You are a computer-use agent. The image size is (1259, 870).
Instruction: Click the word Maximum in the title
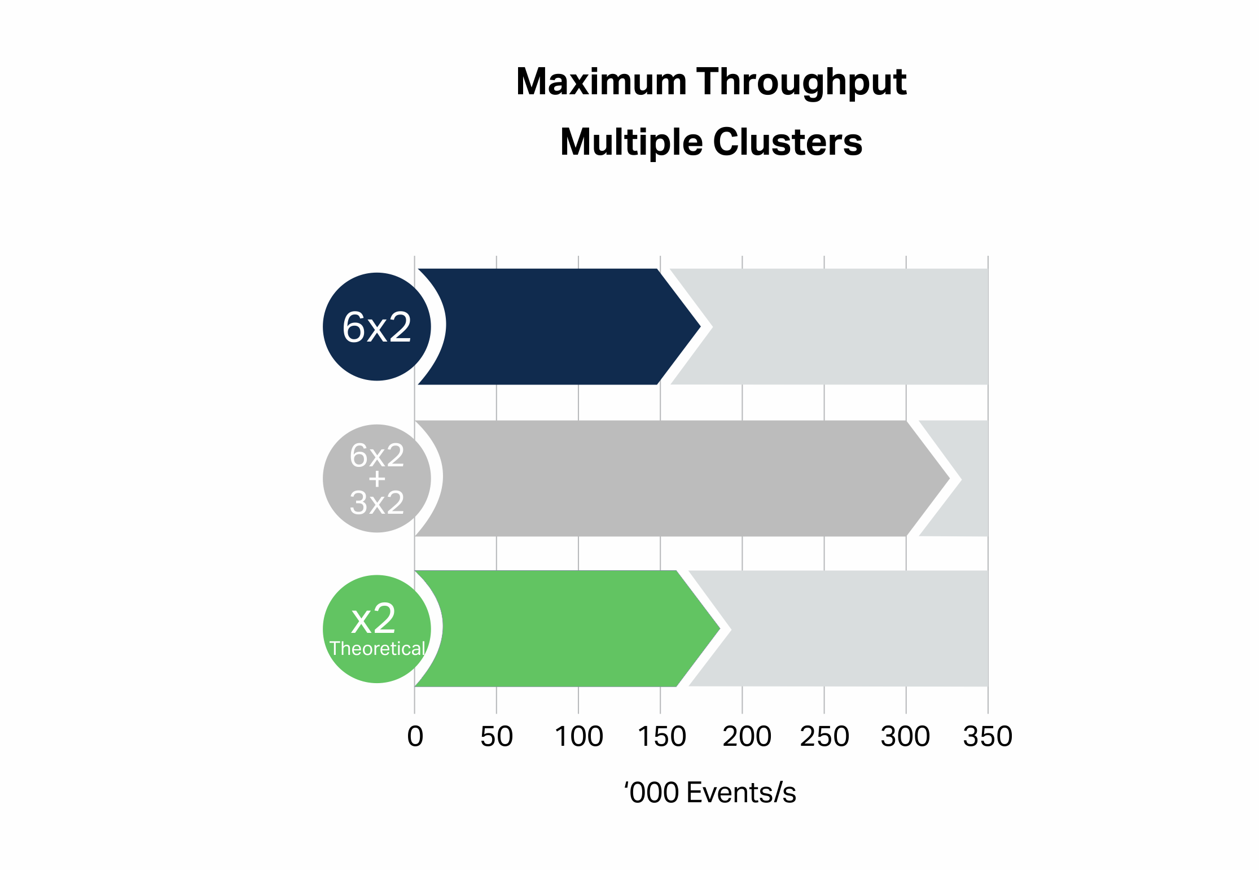(601, 82)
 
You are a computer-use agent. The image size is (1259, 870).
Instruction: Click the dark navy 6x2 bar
(559, 326)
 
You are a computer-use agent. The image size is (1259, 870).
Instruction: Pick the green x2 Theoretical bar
(567, 628)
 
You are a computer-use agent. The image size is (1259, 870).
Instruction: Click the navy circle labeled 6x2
(377, 326)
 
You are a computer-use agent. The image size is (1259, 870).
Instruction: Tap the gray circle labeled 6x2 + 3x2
(377, 478)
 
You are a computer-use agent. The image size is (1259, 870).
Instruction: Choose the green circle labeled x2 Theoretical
(377, 629)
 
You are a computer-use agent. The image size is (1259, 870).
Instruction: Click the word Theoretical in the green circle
(377, 649)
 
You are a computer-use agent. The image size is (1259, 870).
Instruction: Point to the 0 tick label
(415, 736)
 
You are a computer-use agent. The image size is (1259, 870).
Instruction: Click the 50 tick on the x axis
(497, 736)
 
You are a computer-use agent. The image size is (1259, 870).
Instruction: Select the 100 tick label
(579, 736)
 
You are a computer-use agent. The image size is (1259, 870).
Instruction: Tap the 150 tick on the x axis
(661, 736)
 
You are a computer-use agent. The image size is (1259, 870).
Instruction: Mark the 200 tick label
(747, 736)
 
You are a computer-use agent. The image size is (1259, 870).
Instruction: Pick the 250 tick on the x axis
(824, 736)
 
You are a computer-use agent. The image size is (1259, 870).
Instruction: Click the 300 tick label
(905, 736)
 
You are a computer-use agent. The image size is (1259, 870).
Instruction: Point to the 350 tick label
(988, 736)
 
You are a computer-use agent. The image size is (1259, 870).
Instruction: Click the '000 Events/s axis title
(710, 792)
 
